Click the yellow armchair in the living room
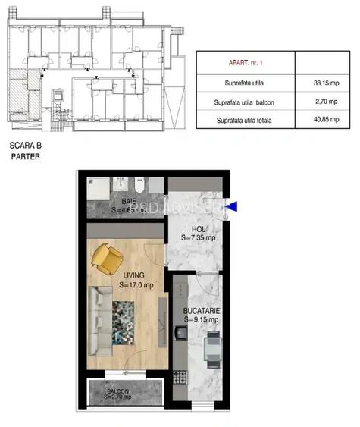click(108, 257)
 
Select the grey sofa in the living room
click(98, 321)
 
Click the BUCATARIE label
click(202, 310)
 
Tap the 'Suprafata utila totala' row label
click(245, 120)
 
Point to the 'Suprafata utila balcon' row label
click(245, 102)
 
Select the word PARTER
click(25, 157)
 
